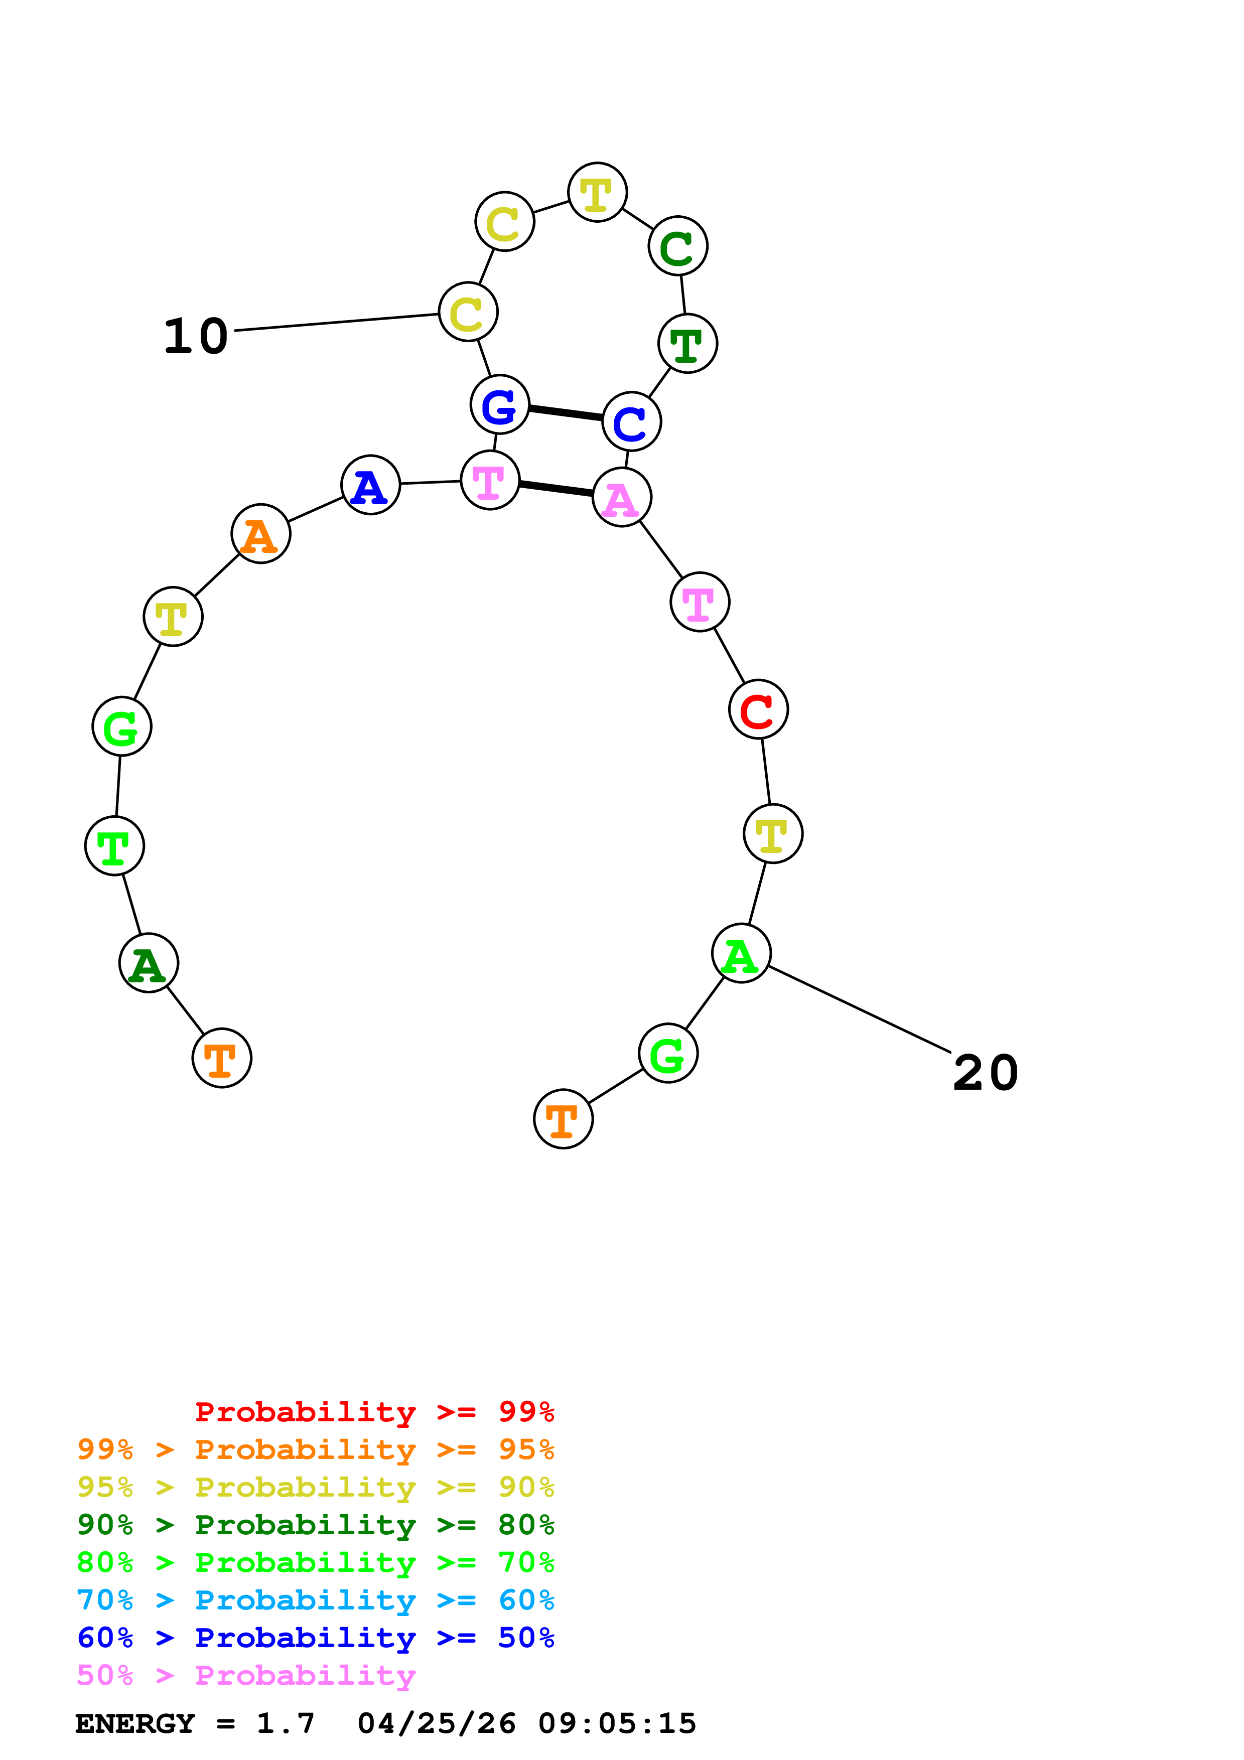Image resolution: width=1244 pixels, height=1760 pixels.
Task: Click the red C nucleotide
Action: click(758, 710)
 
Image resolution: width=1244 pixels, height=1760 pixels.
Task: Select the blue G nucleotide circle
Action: click(500, 405)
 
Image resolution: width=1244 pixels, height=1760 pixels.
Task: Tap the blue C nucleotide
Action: click(632, 421)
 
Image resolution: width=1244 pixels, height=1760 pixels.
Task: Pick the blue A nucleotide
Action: click(370, 485)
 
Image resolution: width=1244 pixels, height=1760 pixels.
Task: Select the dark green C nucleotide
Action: click(677, 246)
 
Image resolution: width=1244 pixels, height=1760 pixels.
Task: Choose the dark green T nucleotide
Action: click(687, 343)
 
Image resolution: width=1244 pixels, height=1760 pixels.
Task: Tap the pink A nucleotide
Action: click(622, 498)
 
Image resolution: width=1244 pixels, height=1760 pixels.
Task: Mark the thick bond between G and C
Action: click(566, 413)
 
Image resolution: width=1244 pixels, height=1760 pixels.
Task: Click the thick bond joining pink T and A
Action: click(556, 488)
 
